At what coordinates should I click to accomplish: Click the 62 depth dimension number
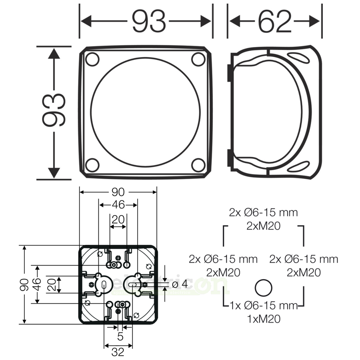tap(274, 22)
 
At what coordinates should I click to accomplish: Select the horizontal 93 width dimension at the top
tap(148, 22)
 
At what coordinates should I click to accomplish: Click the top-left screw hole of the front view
tap(92, 59)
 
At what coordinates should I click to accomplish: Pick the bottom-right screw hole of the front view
tap(198, 165)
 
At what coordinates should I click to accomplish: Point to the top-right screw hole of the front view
tap(198, 59)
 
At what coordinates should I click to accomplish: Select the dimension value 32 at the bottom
tap(118, 352)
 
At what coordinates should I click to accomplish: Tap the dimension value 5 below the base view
tap(120, 337)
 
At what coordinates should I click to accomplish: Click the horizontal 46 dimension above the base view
tap(118, 205)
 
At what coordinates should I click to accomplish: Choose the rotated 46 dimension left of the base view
tap(37, 284)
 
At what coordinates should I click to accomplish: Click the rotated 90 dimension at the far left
tap(24, 284)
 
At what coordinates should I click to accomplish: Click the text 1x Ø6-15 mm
tap(264, 306)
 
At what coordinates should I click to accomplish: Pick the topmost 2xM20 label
tap(263, 226)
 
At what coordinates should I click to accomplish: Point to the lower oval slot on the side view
tap(298, 166)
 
